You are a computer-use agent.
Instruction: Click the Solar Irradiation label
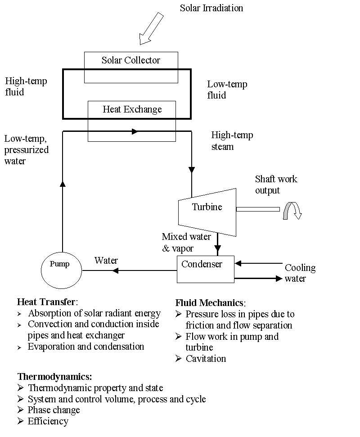coord(211,8)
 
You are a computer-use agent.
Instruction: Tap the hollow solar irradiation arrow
coord(151,28)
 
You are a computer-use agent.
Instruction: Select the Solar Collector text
coord(130,60)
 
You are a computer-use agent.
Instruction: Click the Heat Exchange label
coord(132,109)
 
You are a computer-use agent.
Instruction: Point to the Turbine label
coord(207,207)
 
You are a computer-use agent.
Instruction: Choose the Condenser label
coord(202,264)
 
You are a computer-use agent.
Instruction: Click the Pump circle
coord(61,270)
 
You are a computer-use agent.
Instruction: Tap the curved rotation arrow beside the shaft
coord(292,211)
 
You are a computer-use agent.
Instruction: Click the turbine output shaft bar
coord(258,209)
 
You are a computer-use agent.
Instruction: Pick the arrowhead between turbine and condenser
coord(218,248)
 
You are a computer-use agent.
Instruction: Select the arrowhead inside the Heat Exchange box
coord(135,131)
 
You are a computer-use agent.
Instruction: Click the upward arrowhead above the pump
coord(63,184)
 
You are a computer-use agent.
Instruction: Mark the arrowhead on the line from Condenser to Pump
coord(115,270)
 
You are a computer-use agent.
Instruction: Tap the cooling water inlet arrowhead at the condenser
coord(238,263)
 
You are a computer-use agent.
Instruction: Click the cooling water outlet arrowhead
coord(279,279)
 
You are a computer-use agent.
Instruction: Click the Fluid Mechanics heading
coord(210,303)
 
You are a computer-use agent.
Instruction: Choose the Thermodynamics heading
coord(54,377)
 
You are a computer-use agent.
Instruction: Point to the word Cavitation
coord(206,359)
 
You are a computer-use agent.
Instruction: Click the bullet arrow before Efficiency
coord(20,421)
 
